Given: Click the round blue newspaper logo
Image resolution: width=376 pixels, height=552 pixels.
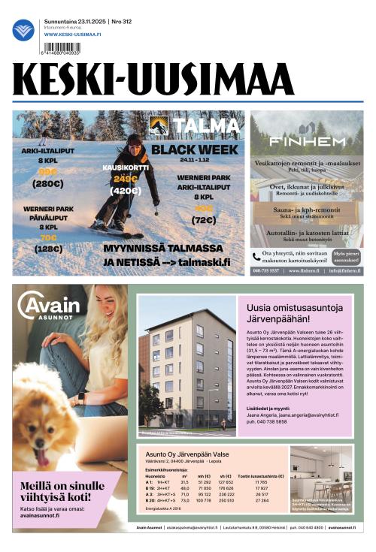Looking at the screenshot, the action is coord(23,30).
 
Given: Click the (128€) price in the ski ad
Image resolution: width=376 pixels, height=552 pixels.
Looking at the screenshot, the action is coord(48,249).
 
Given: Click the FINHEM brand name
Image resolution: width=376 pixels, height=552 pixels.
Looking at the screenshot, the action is coord(307,141).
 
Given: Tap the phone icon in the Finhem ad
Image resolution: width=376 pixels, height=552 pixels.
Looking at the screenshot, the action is coord(257,255).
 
